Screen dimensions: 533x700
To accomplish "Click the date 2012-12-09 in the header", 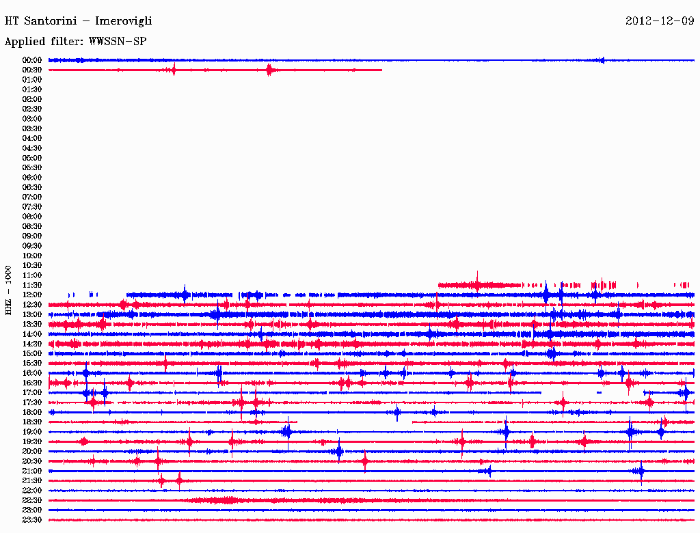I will [660, 20].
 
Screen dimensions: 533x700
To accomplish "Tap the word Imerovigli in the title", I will [124, 21].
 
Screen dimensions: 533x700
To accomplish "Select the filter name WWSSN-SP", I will [118, 41].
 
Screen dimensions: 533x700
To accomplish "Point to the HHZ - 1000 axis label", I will [8, 290].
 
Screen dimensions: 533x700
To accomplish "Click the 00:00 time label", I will [32, 60].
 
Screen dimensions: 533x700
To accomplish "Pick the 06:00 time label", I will [32, 178].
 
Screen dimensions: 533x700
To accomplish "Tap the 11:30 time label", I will [32, 285].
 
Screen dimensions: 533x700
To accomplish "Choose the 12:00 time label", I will [32, 295].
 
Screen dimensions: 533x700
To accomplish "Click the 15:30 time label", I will [32, 363].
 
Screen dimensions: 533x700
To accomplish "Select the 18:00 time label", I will [32, 412].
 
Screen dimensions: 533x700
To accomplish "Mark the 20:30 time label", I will [32, 461].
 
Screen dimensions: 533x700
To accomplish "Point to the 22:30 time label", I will [32, 500].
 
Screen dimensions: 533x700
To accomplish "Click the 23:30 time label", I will [32, 520].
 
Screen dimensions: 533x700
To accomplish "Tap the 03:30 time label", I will [32, 128].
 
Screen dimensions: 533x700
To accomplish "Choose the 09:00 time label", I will [32, 236].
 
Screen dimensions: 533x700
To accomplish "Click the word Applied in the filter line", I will [24, 42].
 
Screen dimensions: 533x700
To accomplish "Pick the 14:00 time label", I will [32, 333].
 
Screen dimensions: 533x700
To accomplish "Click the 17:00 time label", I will [32, 392].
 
